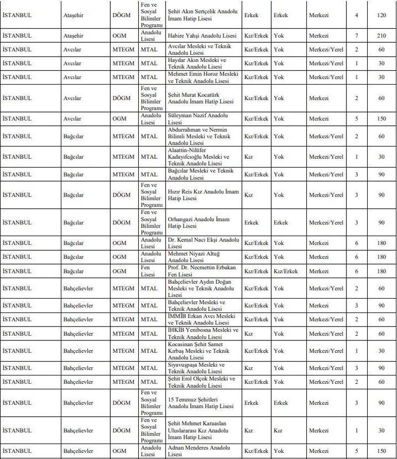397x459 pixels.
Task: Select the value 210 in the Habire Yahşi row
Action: [382, 36]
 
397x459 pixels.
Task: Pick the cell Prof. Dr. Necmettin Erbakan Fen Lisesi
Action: [203, 271]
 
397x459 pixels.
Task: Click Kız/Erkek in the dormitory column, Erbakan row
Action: [286, 271]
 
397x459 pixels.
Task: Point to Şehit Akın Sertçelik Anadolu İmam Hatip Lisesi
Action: [203, 15]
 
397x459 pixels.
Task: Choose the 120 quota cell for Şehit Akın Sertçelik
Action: [382, 15]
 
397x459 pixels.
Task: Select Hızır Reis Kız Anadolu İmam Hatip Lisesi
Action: [203, 195]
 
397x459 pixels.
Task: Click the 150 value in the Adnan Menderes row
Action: [382, 451]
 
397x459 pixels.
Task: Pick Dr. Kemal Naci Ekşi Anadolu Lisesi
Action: [203, 243]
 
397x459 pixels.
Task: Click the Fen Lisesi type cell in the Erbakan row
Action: [148, 271]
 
